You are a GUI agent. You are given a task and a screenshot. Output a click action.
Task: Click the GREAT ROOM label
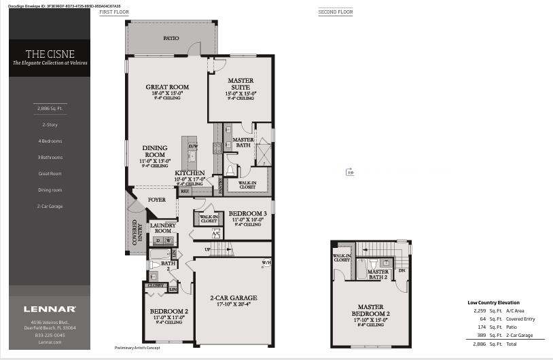tap(167, 87)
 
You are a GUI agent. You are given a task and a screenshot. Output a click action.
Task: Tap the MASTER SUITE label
tap(240, 84)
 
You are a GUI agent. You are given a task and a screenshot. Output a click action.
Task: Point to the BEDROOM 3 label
tap(247, 213)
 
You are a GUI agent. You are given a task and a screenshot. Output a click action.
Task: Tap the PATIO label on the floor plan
tap(171, 39)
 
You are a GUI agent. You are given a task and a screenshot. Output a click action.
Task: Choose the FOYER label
tap(157, 200)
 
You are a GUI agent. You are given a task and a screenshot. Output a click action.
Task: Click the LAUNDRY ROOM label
tap(162, 228)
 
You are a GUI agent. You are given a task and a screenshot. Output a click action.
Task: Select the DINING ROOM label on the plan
tap(154, 151)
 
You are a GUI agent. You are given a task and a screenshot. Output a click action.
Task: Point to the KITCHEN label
tap(190, 173)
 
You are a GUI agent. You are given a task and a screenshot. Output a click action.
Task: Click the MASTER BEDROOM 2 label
tap(371, 310)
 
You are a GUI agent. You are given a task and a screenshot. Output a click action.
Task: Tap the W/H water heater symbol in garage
tap(266, 263)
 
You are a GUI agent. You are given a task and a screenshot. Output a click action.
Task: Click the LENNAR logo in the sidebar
tap(50, 309)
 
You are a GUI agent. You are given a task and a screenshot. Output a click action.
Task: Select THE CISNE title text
tap(50, 54)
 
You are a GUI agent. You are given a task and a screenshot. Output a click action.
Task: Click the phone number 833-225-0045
tap(50, 335)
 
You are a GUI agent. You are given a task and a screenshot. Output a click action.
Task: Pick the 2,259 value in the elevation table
tap(480, 310)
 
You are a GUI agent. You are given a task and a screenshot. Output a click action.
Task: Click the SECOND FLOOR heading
tap(336, 12)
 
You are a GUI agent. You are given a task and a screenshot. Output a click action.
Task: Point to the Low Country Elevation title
tap(493, 302)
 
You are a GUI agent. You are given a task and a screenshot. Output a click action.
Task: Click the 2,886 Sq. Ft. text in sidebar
tap(50, 108)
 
